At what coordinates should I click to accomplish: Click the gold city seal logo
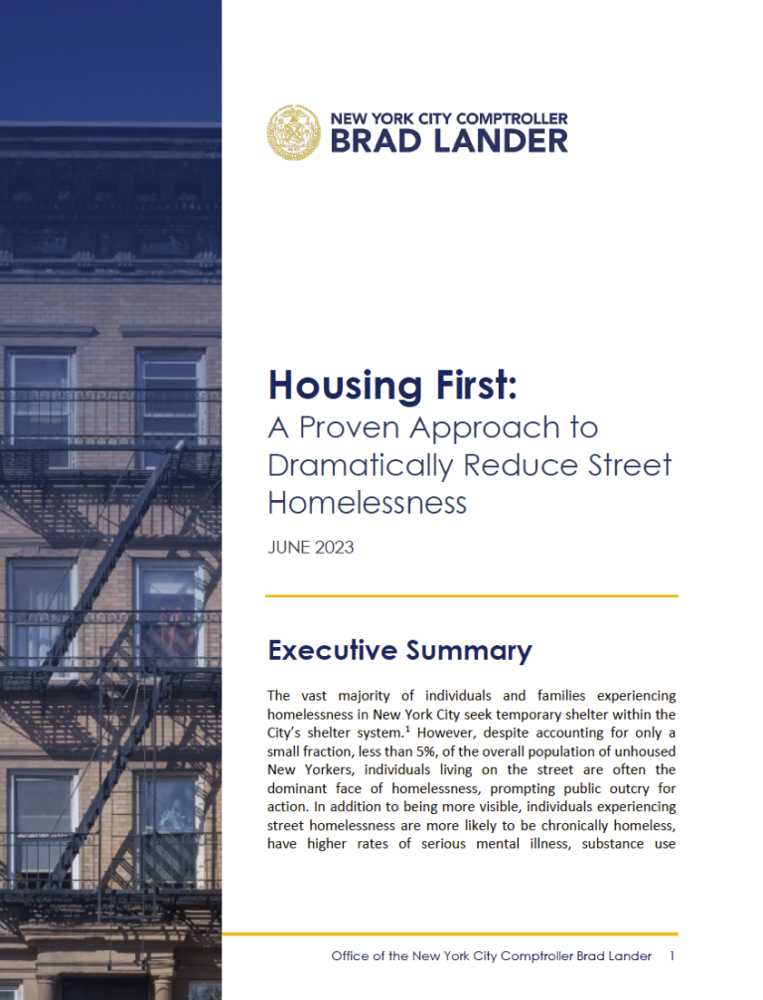click(x=294, y=132)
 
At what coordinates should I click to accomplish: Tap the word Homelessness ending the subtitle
click(x=367, y=502)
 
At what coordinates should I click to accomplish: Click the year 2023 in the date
click(x=333, y=548)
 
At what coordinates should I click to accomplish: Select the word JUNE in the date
click(x=288, y=548)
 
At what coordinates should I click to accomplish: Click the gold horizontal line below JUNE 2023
click(x=472, y=596)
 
